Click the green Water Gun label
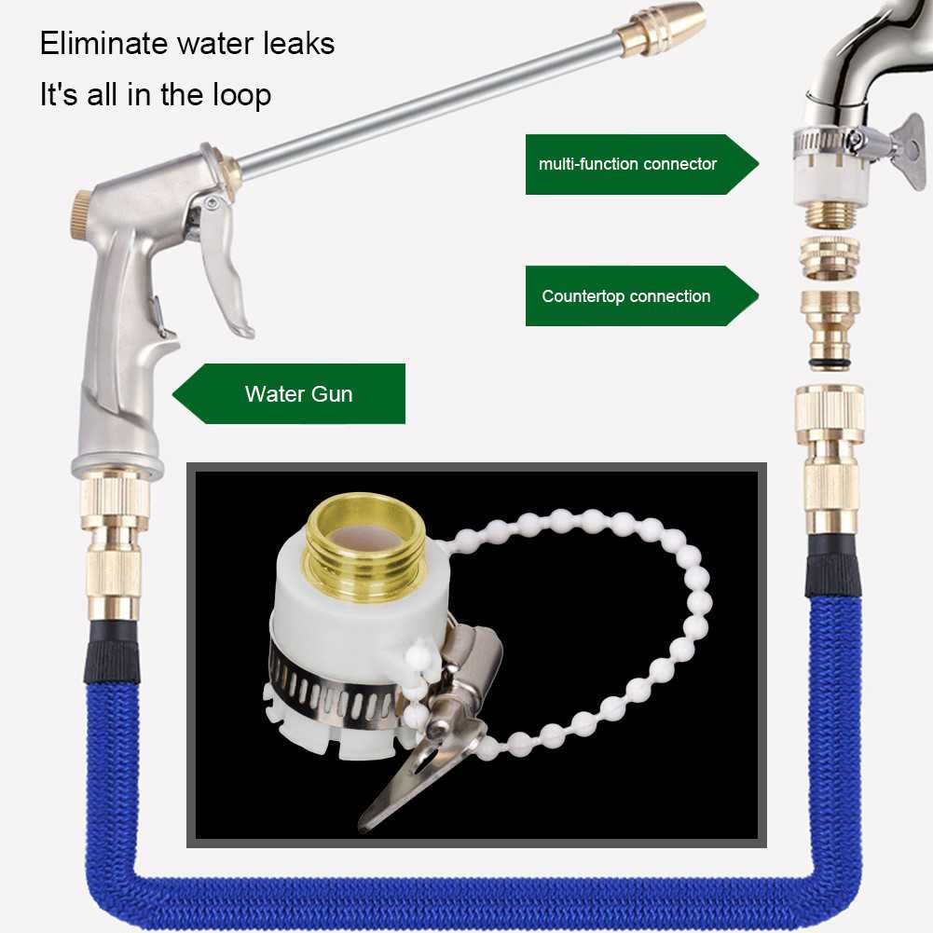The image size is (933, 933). [x=298, y=393]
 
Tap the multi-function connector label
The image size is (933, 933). [x=627, y=164]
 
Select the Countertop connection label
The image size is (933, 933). [x=626, y=296]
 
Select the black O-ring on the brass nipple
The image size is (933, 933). [x=830, y=363]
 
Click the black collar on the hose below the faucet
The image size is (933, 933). [x=832, y=568]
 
